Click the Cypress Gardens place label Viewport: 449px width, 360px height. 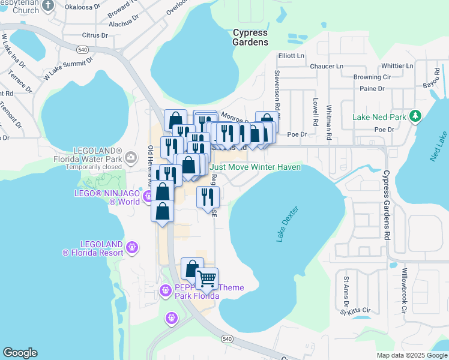point(250,37)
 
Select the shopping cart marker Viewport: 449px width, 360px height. point(206,278)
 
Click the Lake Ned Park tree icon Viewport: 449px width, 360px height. point(415,116)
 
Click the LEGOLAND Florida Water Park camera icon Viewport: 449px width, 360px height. point(131,157)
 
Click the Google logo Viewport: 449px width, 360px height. point(20,353)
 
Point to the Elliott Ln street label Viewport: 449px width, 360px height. point(291,56)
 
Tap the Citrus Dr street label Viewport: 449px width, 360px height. point(95,35)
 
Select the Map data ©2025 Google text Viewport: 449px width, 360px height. point(411,355)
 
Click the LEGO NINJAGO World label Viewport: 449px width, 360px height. point(107,197)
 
